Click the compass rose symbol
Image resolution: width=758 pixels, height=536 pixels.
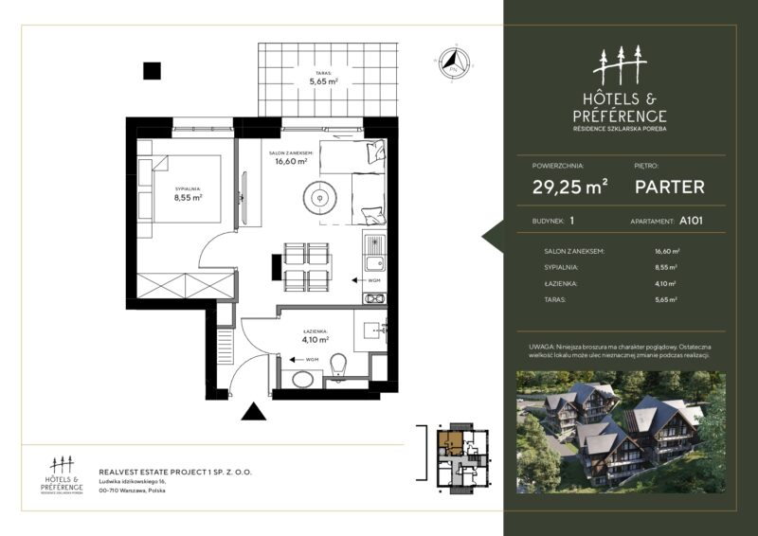coord(453,63)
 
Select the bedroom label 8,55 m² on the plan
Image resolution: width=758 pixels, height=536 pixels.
coord(188,198)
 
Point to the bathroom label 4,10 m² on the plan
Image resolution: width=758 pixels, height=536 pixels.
coord(315,335)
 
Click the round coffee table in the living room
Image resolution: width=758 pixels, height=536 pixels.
coord(319,198)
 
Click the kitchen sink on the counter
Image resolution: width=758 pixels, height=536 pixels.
coord(374,263)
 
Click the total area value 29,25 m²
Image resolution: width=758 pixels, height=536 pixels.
coord(569,187)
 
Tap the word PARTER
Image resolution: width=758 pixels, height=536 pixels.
coord(669,187)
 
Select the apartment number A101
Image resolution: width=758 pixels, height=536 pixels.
coord(690,221)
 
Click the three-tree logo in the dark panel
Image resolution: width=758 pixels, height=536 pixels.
coord(620,65)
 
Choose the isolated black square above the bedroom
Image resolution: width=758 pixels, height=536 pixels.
coord(152,70)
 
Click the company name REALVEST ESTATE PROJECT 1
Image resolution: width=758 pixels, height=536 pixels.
coord(175,471)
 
